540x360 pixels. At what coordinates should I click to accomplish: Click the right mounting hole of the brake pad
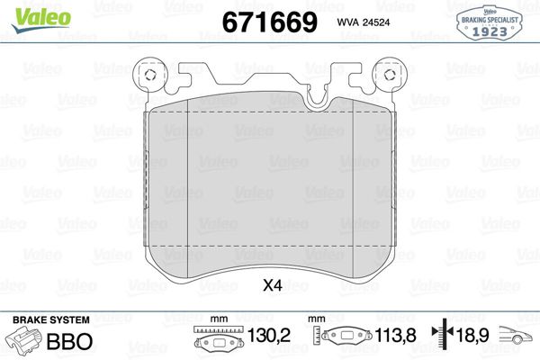click(x=389, y=76)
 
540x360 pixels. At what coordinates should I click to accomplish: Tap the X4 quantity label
click(x=271, y=287)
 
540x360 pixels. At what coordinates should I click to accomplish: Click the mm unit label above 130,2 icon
click(x=217, y=319)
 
